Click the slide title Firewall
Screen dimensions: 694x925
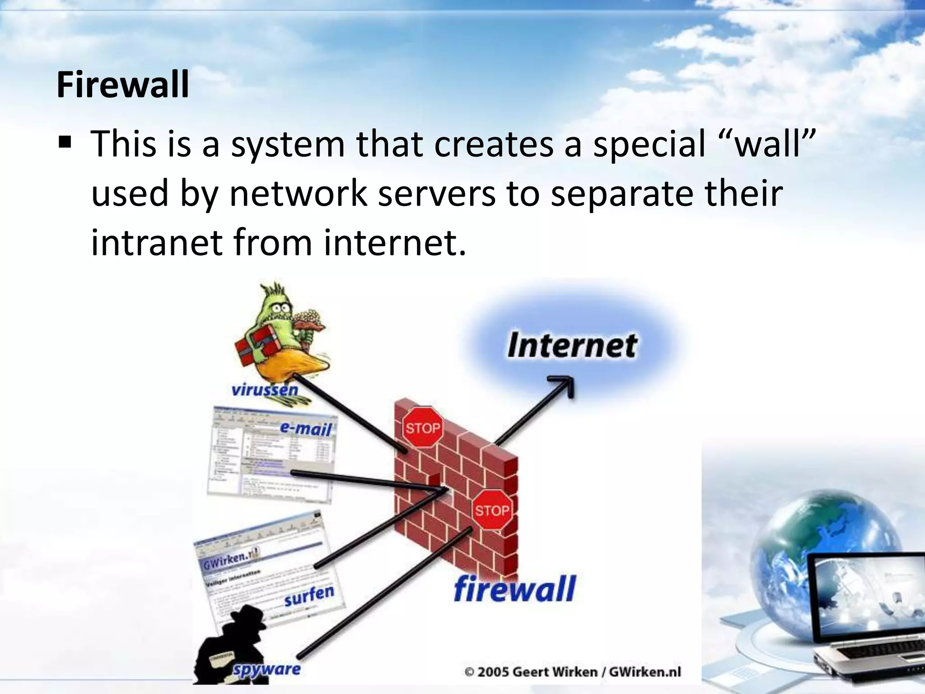[122, 85]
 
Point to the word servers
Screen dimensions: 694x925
[436, 193]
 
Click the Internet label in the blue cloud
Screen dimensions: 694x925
[572, 346]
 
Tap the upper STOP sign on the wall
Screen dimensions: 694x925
[422, 427]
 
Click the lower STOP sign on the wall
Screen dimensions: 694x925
[491, 511]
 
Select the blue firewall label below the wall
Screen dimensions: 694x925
[514, 589]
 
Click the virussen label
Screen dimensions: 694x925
[265, 389]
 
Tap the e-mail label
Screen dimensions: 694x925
[306, 427]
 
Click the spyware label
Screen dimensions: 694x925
[266, 669]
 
